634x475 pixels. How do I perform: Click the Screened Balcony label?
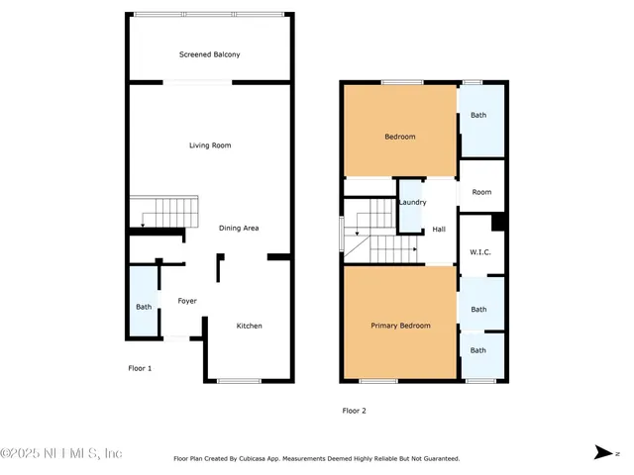pos(209,54)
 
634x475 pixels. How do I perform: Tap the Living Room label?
pos(210,145)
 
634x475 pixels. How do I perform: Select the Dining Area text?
pos(239,228)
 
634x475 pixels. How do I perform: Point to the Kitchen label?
pos(249,326)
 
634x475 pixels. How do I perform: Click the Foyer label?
pos(187,301)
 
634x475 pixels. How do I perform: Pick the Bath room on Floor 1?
pos(144,306)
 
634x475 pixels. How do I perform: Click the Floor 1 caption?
pos(140,368)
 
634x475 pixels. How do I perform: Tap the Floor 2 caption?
pos(355,411)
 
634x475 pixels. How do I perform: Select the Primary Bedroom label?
pos(400,326)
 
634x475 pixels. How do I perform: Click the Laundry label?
pos(412,203)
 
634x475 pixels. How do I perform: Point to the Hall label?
pos(439,230)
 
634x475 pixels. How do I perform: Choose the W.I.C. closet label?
pos(479,252)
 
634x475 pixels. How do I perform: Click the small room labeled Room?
pos(481,192)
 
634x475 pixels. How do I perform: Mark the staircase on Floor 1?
pos(163,212)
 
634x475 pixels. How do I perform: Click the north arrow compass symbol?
pos(601,452)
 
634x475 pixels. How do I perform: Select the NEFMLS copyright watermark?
pos(61,453)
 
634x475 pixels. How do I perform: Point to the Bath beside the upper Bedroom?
pos(479,116)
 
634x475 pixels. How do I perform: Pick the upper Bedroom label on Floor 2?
pos(399,137)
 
